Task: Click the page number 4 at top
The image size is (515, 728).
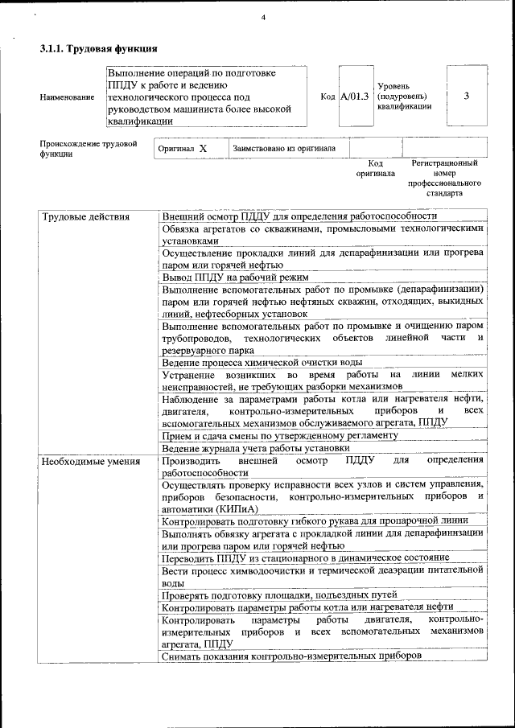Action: pyautogui.click(x=262, y=19)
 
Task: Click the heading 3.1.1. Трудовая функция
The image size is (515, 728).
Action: pyautogui.click(x=98, y=49)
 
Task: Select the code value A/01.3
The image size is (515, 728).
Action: pyautogui.click(x=354, y=97)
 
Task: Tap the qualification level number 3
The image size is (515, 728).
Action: pyautogui.click(x=467, y=97)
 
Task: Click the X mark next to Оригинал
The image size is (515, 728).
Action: pyautogui.click(x=203, y=149)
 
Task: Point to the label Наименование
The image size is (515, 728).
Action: pyautogui.click(x=67, y=97)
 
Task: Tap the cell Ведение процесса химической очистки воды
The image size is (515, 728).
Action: pyautogui.click(x=262, y=362)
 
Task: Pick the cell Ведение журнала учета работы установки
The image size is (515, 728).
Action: pyautogui.click(x=255, y=447)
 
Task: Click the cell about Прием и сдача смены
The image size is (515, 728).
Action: pyautogui.click(x=279, y=435)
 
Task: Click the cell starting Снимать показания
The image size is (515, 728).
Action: pyautogui.click(x=290, y=656)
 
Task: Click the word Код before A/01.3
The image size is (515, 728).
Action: pyautogui.click(x=328, y=97)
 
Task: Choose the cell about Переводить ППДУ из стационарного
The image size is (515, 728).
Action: pyautogui.click(x=305, y=557)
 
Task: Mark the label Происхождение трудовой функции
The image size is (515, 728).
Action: pyautogui.click(x=87, y=149)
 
